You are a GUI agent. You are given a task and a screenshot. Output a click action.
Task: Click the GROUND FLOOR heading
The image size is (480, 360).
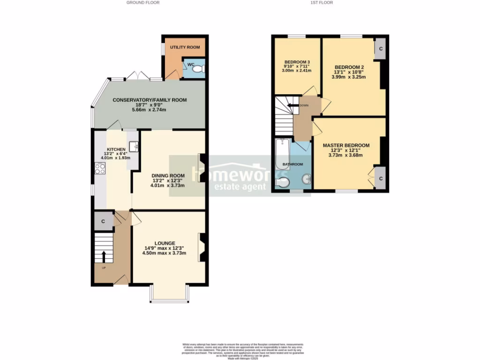point(142,2)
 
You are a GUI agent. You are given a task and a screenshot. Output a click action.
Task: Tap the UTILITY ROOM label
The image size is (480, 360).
point(185,47)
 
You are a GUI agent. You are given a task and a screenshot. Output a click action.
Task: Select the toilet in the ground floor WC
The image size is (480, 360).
point(199,69)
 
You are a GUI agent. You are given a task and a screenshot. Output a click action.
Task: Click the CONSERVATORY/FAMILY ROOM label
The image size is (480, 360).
point(150,100)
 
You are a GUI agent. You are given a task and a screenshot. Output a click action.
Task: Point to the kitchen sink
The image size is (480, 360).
point(134,146)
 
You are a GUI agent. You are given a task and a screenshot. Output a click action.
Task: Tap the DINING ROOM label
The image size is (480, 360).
point(167,176)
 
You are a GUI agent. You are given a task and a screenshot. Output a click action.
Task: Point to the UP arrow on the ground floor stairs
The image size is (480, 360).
point(104,256)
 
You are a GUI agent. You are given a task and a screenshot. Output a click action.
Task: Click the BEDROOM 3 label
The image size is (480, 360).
point(297,62)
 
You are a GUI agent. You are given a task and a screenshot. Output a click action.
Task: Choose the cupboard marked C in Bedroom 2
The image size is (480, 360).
point(380,49)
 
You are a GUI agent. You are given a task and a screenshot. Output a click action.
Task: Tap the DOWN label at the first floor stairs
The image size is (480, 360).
point(304,105)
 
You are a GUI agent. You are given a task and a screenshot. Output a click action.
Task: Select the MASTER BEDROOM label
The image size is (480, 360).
point(346,145)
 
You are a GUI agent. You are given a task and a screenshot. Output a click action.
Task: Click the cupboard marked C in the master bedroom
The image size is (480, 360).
point(380,179)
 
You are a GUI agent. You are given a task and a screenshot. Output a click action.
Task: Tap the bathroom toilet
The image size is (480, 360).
point(283,183)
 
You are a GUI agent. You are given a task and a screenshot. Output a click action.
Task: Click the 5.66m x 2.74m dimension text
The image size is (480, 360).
point(150,109)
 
